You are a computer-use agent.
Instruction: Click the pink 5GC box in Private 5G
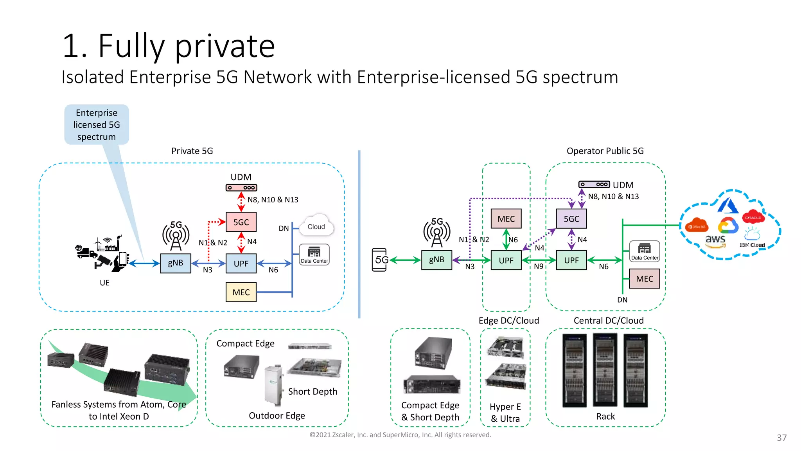point(241,222)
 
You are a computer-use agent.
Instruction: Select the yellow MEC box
point(241,292)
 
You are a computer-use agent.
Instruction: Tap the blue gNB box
point(176,263)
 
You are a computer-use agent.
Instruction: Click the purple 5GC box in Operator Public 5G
point(571,219)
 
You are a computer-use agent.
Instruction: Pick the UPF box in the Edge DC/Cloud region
point(506,260)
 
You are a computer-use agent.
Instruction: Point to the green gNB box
point(436,260)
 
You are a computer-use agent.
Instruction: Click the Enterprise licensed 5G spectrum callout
point(97,124)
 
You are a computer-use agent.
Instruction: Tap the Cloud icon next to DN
point(316,226)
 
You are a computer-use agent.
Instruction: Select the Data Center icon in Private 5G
point(314,254)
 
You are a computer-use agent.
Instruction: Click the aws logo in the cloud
point(715,240)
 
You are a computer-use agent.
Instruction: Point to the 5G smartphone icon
point(379,260)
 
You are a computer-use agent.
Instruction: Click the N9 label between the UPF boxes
point(539,267)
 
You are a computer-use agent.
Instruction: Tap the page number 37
point(781,438)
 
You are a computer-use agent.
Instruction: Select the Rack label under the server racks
point(605,417)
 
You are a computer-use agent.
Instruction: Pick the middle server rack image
point(605,370)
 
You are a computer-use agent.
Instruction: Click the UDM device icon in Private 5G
point(241,188)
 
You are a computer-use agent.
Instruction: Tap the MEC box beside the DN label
point(645,279)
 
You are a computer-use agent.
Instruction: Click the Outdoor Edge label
point(277,415)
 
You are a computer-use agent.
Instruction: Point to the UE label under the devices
point(104,283)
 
